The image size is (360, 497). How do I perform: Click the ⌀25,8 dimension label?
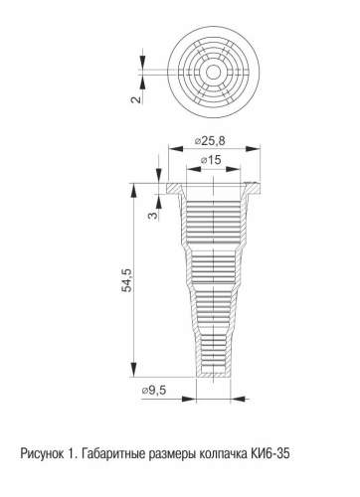210,141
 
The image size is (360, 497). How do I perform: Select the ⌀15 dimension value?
211,160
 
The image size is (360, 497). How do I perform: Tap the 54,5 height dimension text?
126,280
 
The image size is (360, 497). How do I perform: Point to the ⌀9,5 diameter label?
154,391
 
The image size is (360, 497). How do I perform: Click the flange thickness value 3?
153,216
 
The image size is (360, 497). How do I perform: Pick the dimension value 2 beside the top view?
136,99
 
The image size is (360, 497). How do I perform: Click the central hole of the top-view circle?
213,72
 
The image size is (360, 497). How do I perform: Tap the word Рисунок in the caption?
42,453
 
